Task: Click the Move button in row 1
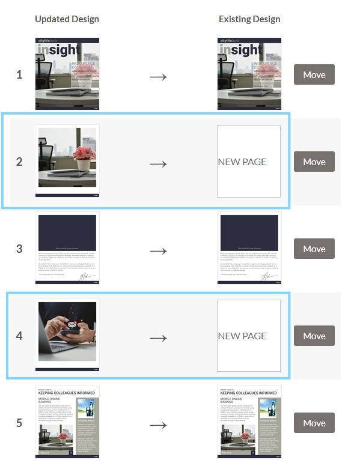coord(314,74)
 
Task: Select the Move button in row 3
coord(314,249)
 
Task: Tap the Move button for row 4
coord(314,336)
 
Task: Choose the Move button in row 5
coord(314,423)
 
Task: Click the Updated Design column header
coord(67,19)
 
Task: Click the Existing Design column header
coord(249,19)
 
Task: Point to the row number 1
coord(19,75)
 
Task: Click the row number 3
coord(19,249)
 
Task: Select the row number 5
coord(19,423)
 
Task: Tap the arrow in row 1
coord(157,76)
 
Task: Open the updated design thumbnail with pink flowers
coord(67,161)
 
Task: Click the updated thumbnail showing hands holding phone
coord(67,335)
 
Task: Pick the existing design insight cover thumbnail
coord(249,74)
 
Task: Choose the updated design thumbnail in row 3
coord(67,248)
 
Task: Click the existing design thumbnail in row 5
coord(249,422)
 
